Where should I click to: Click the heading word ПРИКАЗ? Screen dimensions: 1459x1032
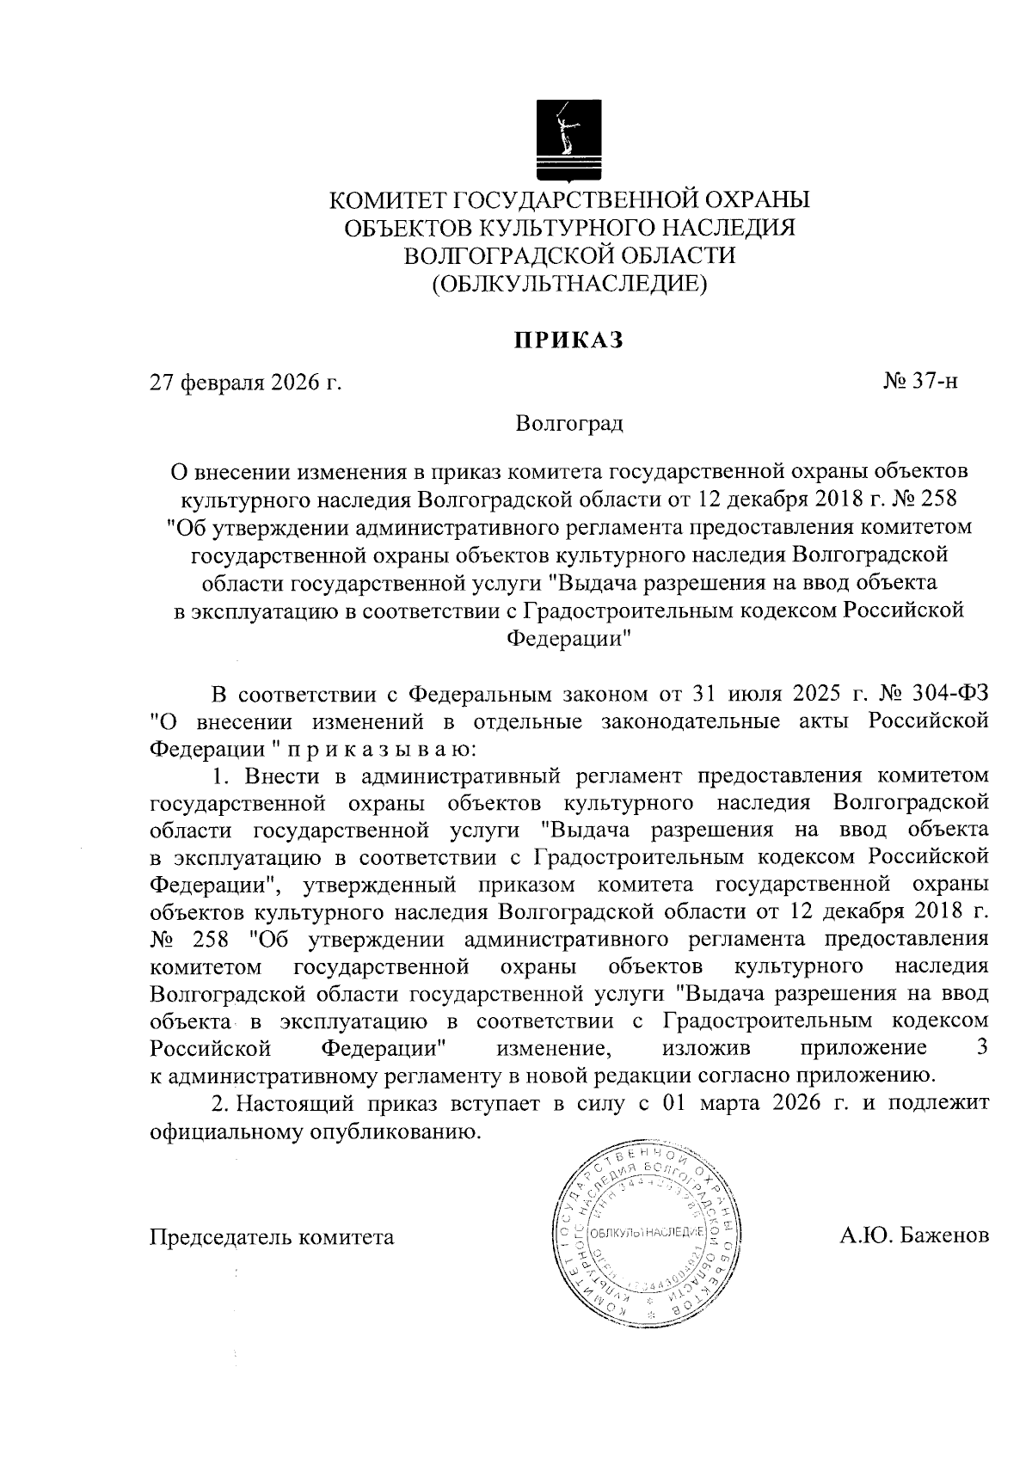point(568,341)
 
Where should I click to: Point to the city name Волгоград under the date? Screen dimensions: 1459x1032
point(569,424)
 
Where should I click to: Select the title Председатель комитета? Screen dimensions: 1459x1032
point(273,1237)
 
